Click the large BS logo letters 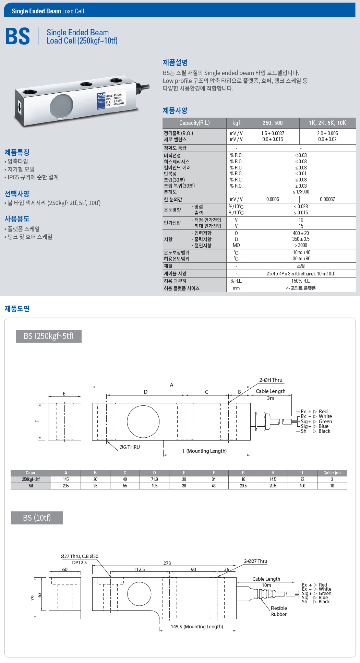pyautogui.click(x=17, y=36)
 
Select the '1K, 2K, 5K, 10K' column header pyautogui.click(x=327, y=123)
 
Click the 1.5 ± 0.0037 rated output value pyautogui.click(x=273, y=133)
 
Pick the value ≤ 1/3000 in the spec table pyautogui.click(x=301, y=192)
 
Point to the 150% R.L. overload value pyautogui.click(x=301, y=281)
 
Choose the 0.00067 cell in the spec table pyautogui.click(x=327, y=199)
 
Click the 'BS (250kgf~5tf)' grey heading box pyautogui.click(x=49, y=336)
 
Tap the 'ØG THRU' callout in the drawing pyautogui.click(x=130, y=447)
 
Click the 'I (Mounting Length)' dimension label pyautogui.click(x=205, y=451)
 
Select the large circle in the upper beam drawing pyautogui.click(x=143, y=422)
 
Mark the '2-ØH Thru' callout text pyautogui.click(x=271, y=380)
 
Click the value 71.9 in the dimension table pyautogui.click(x=154, y=479)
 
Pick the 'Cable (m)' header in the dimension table pyautogui.click(x=332, y=473)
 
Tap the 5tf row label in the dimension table pyautogui.click(x=31, y=486)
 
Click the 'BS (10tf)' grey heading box pyautogui.click(x=37, y=518)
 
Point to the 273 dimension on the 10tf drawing pyautogui.click(x=167, y=563)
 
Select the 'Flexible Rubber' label pyautogui.click(x=279, y=611)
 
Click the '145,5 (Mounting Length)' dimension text pyautogui.click(x=197, y=627)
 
